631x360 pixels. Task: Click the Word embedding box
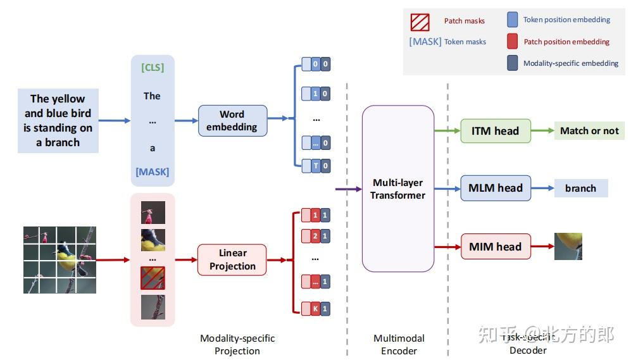click(232, 121)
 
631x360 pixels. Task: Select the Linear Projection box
click(232, 260)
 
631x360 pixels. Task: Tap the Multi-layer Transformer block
click(397, 189)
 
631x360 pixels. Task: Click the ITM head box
click(495, 131)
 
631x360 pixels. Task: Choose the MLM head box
click(495, 188)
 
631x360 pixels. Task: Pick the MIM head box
click(495, 247)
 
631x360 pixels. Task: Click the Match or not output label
click(589, 131)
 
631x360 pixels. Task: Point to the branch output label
click(580, 188)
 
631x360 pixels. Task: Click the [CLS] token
click(152, 67)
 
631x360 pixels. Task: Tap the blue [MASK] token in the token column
click(152, 172)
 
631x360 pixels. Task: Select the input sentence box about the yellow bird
click(58, 120)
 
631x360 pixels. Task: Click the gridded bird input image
click(59, 259)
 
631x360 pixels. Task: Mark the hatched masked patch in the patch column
click(153, 278)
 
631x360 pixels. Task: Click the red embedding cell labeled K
click(315, 309)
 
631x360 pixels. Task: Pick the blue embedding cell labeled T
click(315, 166)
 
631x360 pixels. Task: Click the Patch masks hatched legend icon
click(420, 22)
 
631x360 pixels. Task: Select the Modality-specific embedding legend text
click(570, 63)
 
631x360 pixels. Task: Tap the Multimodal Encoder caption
click(399, 344)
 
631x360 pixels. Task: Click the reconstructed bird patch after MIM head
click(568, 246)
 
